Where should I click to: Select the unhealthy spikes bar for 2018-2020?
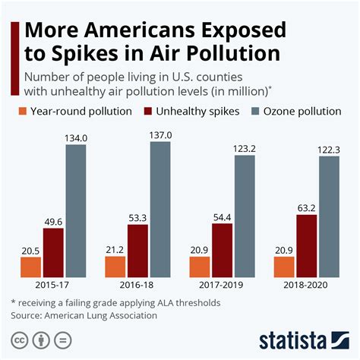point(306,246)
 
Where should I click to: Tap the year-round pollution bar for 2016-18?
point(115,267)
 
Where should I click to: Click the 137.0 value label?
point(160,134)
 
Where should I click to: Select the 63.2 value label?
point(306,207)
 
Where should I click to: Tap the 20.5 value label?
point(30,250)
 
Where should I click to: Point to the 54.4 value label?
point(222,216)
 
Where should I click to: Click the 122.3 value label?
point(329,150)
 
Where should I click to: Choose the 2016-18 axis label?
point(137,286)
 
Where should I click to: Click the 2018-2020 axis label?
point(306,286)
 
